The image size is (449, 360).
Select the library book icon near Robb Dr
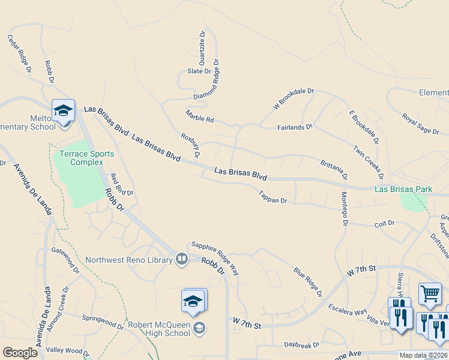182,259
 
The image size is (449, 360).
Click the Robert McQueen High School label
159,329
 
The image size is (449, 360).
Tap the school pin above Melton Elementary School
63,111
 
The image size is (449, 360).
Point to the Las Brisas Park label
403,189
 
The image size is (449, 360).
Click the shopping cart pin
430,293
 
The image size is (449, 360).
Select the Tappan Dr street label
273,197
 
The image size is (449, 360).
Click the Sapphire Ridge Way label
215,259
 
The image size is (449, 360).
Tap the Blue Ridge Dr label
308,282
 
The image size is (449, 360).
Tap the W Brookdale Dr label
294,99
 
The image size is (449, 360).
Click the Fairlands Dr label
295,127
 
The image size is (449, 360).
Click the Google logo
20,353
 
